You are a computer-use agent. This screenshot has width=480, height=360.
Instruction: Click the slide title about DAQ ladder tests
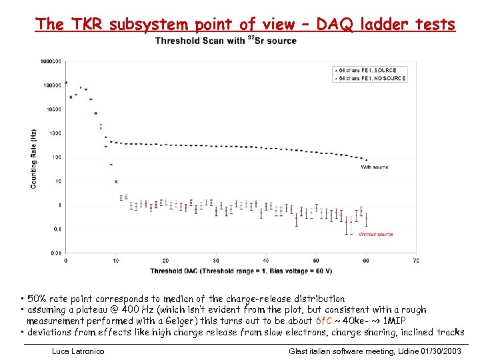pos(245,25)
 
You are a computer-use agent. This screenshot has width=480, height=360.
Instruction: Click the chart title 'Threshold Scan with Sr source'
pos(225,41)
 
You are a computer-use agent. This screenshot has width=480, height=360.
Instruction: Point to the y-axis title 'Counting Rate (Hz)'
pos(33,158)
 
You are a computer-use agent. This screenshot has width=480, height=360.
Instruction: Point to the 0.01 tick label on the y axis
pos(56,253)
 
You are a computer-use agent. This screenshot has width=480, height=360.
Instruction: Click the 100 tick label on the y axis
pos(57,157)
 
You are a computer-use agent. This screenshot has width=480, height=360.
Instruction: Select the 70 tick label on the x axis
pos(416,260)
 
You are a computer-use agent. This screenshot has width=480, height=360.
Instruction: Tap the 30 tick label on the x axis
pos(216,260)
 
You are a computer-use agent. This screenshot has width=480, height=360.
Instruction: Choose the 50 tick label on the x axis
pos(316,260)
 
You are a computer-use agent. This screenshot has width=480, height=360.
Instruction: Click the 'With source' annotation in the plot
pos(375,167)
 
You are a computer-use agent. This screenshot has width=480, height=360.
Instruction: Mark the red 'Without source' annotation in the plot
pos(376,235)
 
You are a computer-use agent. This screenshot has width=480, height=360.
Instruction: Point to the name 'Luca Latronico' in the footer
pos(78,351)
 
